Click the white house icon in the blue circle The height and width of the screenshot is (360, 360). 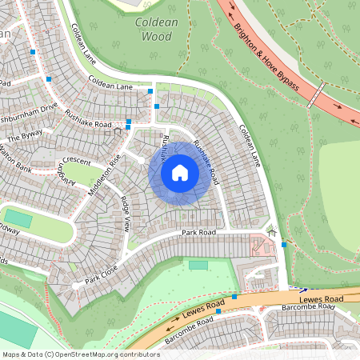(x=180, y=172)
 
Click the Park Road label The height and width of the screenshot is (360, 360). (x=198, y=233)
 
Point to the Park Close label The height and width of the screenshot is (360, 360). (x=102, y=274)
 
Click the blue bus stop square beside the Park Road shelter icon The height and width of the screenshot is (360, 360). (x=284, y=246)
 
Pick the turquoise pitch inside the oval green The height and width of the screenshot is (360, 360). (x=18, y=218)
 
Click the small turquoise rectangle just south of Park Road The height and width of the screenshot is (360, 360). (x=198, y=264)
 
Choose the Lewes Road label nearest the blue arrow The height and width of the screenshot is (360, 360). (x=327, y=298)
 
